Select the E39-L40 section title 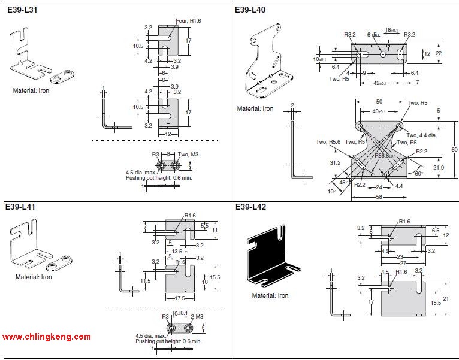coord(250,10)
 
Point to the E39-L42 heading coord(250,207)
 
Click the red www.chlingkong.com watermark coord(47,337)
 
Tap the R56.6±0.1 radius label coord(389,155)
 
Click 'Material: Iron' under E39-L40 coord(255,109)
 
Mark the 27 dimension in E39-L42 coord(403,262)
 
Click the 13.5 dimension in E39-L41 coord(177,252)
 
